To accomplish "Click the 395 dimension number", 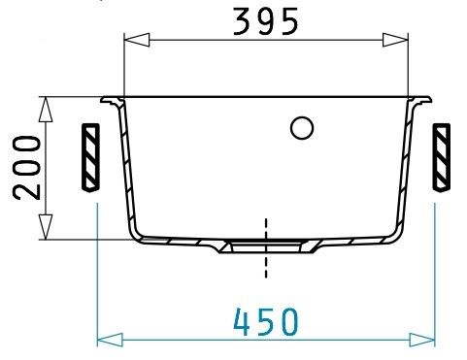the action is tap(265, 21).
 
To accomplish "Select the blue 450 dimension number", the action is tap(265, 322).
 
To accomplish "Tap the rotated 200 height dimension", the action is tap(27, 168).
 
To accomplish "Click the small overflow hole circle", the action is tap(302, 128).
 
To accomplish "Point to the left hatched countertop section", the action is tap(90, 158).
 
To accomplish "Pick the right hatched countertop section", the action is tap(441, 158).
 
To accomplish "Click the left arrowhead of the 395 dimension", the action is tap(137, 40).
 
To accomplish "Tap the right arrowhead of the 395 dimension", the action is tap(395, 40).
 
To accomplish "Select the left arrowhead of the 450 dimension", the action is tap(110, 340).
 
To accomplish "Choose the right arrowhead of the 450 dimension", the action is tap(422, 340).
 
